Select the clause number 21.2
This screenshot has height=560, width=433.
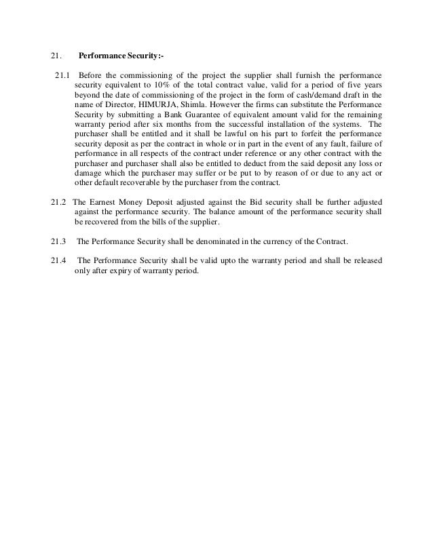click(59, 202)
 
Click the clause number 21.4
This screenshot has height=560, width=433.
click(59, 260)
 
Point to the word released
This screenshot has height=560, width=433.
click(364, 260)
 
